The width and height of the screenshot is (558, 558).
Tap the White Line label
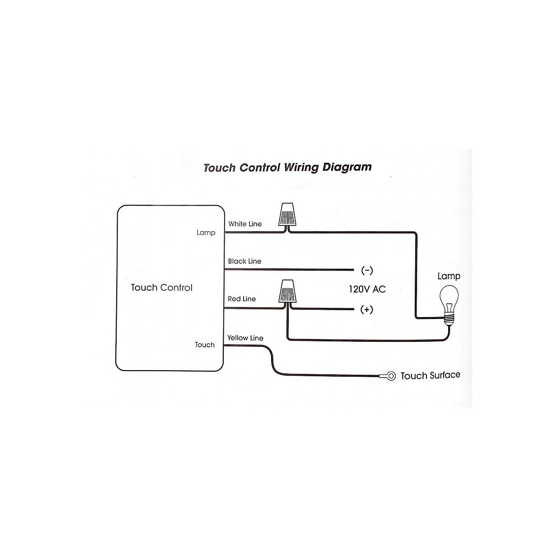click(x=245, y=224)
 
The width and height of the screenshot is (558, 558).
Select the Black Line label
click(x=245, y=261)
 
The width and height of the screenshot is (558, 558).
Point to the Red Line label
click(x=242, y=299)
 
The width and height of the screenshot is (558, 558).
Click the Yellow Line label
click(x=245, y=338)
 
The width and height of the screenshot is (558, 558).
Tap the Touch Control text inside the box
click(x=161, y=287)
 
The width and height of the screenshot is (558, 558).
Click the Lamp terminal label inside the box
click(x=206, y=233)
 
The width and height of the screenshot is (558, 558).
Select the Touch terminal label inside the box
click(x=205, y=345)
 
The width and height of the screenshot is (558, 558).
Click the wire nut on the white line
click(x=287, y=214)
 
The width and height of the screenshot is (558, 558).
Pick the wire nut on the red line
click(x=287, y=291)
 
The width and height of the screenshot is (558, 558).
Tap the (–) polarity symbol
click(x=367, y=271)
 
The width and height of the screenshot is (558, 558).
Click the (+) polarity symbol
click(x=366, y=310)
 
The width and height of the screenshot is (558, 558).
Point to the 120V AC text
click(x=367, y=289)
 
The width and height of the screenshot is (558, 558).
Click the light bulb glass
click(x=449, y=298)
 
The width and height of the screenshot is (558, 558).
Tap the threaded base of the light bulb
click(x=449, y=319)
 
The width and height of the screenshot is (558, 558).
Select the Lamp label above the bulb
click(x=449, y=276)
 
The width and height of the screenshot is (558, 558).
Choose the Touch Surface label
click(x=430, y=375)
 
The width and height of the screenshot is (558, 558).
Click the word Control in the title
click(x=260, y=168)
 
